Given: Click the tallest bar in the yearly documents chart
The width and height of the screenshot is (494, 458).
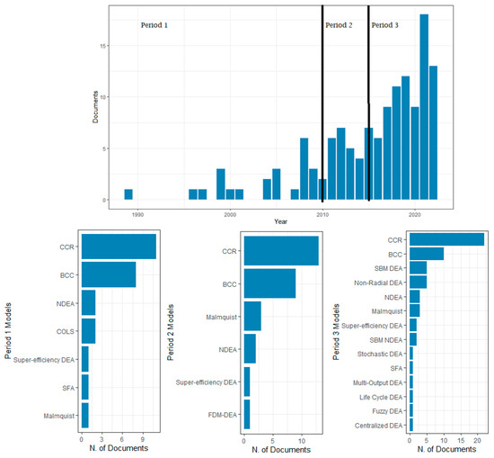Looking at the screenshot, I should [x=424, y=107].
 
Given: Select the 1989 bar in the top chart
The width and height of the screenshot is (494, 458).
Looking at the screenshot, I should [x=128, y=194].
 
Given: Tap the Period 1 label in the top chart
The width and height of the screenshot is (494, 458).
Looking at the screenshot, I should [x=154, y=25].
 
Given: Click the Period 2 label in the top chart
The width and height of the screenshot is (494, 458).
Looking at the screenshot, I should [x=339, y=25].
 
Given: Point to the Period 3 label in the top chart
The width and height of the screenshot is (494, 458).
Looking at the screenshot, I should [x=384, y=25].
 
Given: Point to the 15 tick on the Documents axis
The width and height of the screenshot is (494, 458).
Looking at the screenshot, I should [x=105, y=46].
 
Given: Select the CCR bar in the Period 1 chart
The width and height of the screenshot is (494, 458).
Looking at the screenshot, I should [x=119, y=247].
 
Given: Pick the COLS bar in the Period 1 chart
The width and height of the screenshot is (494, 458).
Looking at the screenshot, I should [x=88, y=330].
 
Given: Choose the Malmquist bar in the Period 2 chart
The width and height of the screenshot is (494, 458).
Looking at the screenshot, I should [x=252, y=317].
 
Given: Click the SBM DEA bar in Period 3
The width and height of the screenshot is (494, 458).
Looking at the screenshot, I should [x=418, y=267].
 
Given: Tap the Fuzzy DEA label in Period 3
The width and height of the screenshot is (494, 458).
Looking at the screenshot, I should [x=384, y=409].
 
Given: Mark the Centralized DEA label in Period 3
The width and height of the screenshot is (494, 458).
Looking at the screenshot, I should [x=375, y=423].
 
